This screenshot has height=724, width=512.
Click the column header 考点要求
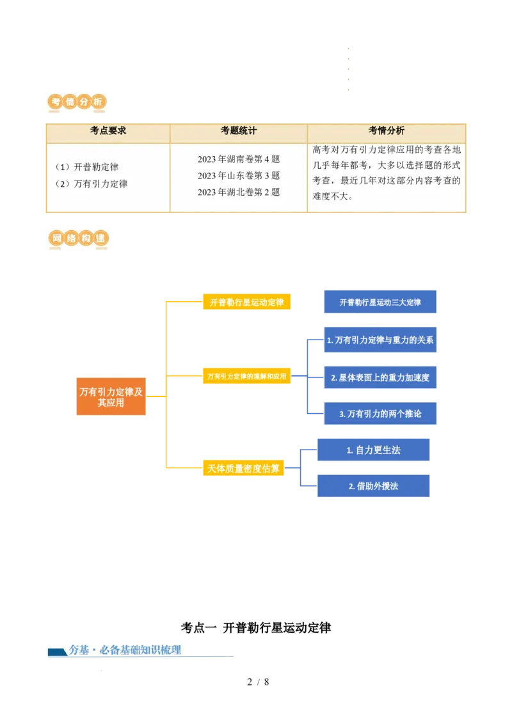pyautogui.click(x=108, y=130)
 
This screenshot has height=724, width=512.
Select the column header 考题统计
pyautogui.click(x=239, y=130)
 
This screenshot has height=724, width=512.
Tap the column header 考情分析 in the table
pyautogui.click(x=387, y=130)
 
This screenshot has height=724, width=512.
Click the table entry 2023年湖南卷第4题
pyautogui.click(x=239, y=159)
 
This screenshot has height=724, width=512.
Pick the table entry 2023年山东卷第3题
pyautogui.click(x=239, y=175)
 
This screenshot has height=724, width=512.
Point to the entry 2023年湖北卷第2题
pyautogui.click(x=239, y=192)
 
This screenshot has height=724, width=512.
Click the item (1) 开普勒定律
pyautogui.click(x=87, y=167)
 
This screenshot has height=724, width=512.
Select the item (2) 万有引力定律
pyautogui.click(x=92, y=184)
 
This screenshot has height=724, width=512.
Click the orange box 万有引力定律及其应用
pyautogui.click(x=111, y=397)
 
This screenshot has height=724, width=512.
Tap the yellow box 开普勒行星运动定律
pyautogui.click(x=247, y=302)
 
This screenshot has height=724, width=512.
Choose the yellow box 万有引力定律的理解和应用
pyautogui.click(x=247, y=376)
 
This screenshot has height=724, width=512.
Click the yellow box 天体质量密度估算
pyautogui.click(x=244, y=468)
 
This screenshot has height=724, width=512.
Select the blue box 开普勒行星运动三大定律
pyautogui.click(x=380, y=302)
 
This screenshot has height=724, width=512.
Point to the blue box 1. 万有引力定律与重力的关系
pyautogui.click(x=380, y=340)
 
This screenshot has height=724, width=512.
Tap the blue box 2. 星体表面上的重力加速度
pyautogui.click(x=380, y=377)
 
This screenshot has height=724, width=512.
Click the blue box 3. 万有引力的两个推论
pyautogui.click(x=380, y=414)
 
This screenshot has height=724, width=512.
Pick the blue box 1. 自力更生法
pyautogui.click(x=373, y=450)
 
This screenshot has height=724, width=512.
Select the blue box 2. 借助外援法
pyautogui.click(x=373, y=485)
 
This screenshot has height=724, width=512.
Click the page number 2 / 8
pyautogui.click(x=258, y=682)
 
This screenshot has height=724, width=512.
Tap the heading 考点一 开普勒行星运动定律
pyautogui.click(x=256, y=628)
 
